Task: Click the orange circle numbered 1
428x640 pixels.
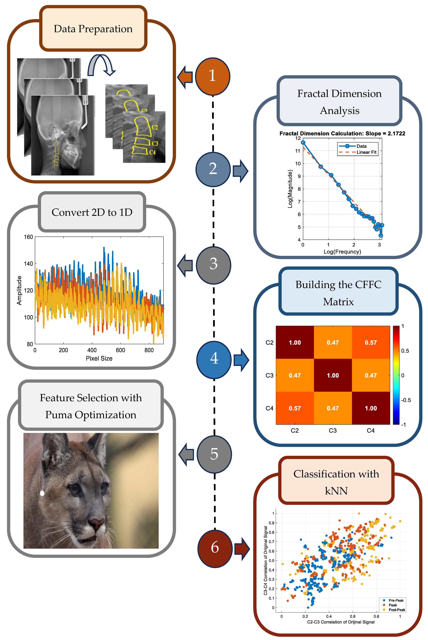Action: (x=213, y=76)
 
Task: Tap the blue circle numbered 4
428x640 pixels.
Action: (x=214, y=360)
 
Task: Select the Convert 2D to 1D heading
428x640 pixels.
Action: (x=92, y=212)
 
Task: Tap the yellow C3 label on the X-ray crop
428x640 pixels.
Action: (x=155, y=143)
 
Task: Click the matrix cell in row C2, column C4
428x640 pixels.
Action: (x=371, y=342)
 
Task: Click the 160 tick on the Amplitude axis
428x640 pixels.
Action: (x=28, y=237)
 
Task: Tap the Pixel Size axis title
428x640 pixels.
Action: (x=99, y=358)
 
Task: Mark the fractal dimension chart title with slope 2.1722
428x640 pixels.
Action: (x=342, y=134)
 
